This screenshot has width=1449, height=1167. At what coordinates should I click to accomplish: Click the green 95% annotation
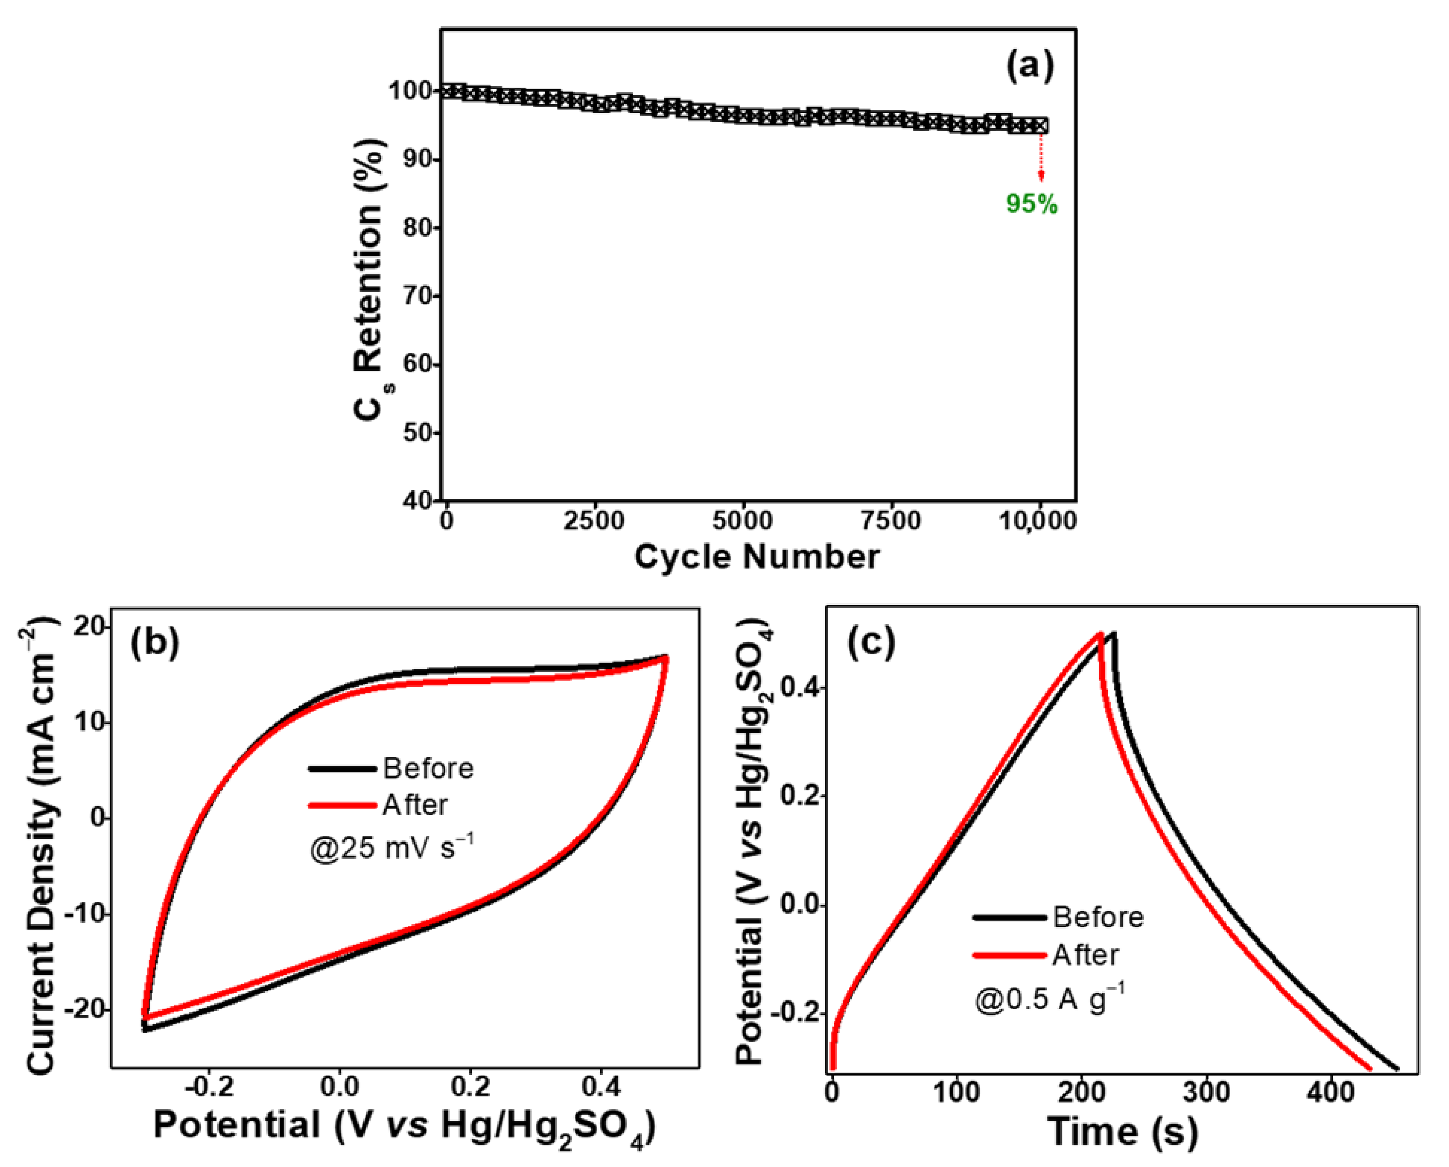[x=1032, y=203]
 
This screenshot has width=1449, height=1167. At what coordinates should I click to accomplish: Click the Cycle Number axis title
[x=757, y=556]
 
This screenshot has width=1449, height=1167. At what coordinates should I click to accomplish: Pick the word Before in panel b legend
[x=428, y=768]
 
